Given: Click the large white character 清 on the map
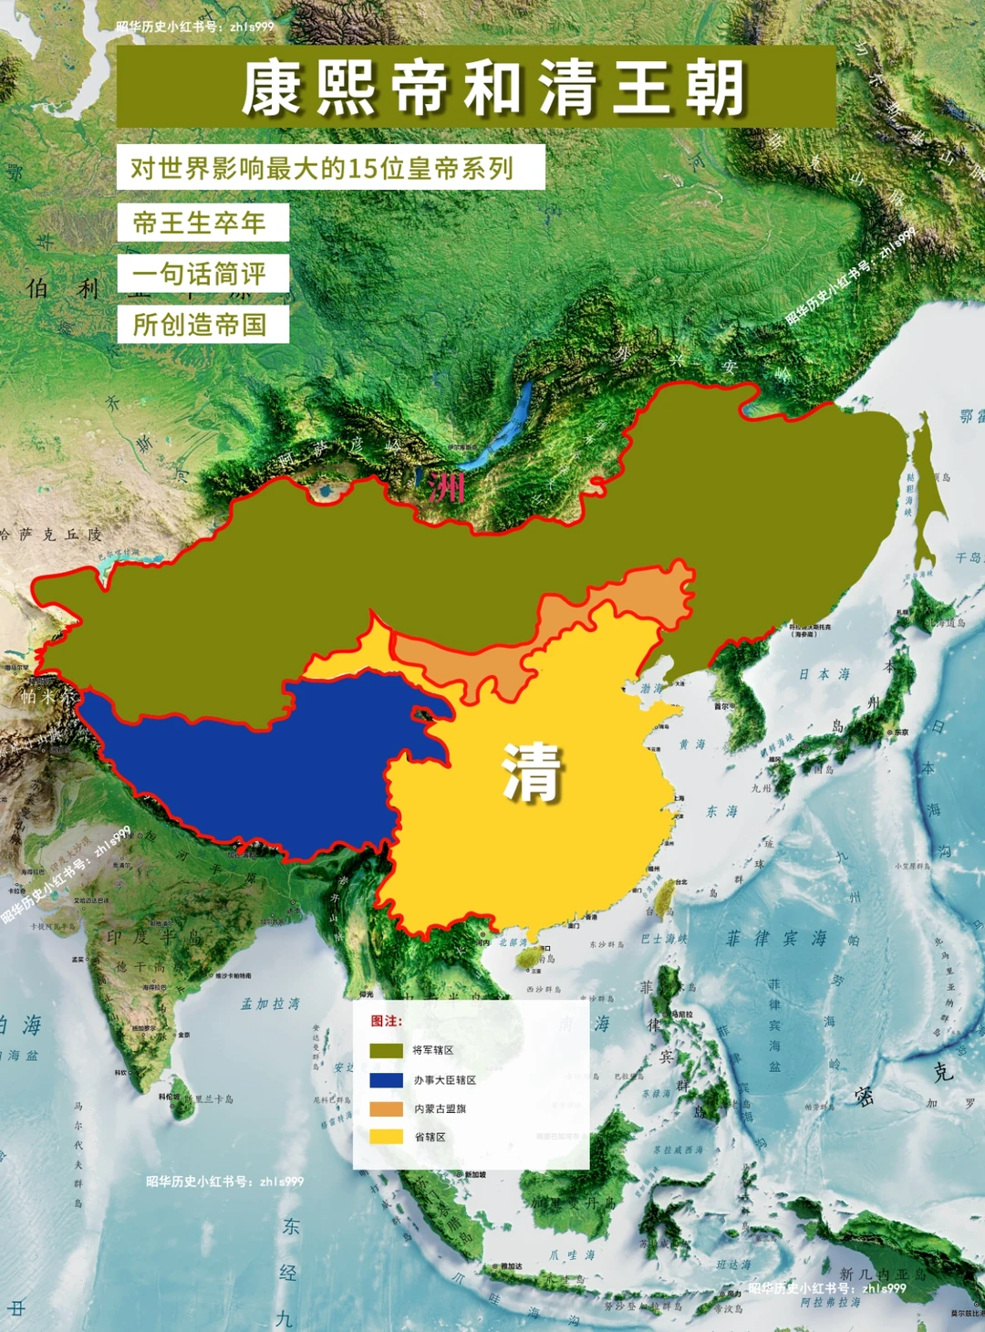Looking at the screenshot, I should (533, 773).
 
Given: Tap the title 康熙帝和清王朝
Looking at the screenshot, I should (493, 88).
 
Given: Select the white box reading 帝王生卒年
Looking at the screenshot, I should (202, 223).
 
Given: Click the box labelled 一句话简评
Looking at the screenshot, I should (202, 274).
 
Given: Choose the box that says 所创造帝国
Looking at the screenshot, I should (202, 325).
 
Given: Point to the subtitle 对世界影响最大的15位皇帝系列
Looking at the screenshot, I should (329, 168).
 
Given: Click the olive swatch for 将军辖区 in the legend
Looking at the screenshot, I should (386, 1051).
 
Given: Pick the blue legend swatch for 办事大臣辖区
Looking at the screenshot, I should (386, 1080).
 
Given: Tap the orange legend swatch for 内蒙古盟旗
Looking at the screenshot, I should (386, 1109).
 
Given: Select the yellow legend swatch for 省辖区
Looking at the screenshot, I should (386, 1138).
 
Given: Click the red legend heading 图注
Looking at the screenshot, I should (386, 1021).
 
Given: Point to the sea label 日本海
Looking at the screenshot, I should (824, 674).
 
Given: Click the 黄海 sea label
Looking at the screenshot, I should (692, 744).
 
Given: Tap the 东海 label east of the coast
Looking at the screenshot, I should (721, 811).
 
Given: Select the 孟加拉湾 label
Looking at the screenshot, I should (270, 1004).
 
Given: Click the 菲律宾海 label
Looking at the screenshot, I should (777, 939).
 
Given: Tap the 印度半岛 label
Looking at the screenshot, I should (156, 937).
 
